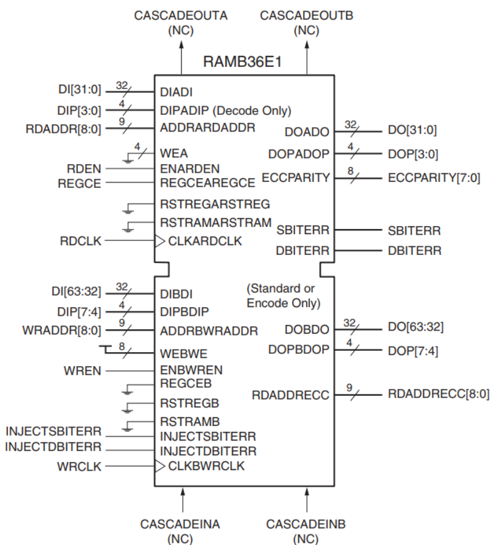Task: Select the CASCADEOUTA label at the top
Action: click(181, 15)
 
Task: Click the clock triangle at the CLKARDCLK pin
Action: click(159, 241)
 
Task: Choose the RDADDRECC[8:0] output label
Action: click(439, 393)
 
